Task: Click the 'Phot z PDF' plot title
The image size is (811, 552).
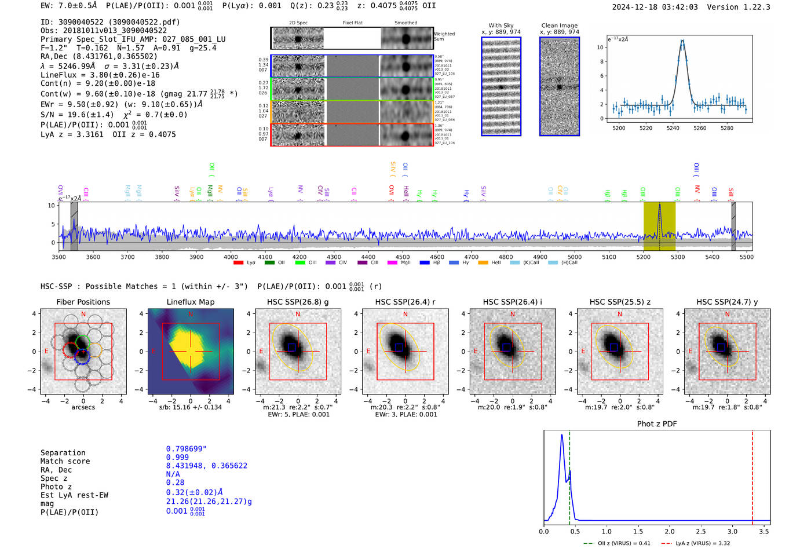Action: click(656, 424)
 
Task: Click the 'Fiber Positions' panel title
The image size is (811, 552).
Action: click(83, 302)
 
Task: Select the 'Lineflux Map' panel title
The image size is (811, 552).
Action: click(190, 302)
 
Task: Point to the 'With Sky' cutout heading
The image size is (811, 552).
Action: click(501, 25)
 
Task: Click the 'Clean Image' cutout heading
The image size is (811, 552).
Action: click(559, 25)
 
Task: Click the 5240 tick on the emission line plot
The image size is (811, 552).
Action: click(673, 128)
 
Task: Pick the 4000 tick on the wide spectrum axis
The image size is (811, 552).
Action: click(231, 257)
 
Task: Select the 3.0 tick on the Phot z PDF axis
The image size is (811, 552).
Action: click(732, 531)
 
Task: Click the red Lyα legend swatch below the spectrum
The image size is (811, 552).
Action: click(238, 263)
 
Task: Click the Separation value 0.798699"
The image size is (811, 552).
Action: click(186, 449)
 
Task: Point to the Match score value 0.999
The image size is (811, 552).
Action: click(177, 457)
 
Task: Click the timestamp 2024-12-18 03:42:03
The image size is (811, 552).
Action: click(655, 7)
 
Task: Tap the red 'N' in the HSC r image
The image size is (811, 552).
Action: click(405, 314)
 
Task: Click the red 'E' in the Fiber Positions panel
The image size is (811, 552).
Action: click(46, 351)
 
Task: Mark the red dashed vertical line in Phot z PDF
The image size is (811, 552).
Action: click(752, 475)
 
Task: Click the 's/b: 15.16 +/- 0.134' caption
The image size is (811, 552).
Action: click(190, 407)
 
